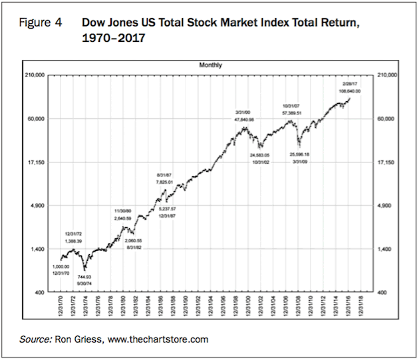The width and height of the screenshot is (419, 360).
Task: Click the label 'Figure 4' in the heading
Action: (41, 23)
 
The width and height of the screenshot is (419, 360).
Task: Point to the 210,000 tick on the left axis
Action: (35, 76)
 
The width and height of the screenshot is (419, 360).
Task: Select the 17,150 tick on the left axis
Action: (36, 162)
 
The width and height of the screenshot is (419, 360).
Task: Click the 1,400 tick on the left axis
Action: (37, 249)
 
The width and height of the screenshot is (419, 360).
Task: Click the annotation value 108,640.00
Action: (350, 90)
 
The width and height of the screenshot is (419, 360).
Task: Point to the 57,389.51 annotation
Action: (293, 114)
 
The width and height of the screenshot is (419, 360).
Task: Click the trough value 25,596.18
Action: (301, 154)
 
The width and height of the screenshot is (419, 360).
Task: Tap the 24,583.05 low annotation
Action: (259, 154)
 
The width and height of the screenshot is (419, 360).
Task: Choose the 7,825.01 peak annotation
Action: (165, 182)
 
